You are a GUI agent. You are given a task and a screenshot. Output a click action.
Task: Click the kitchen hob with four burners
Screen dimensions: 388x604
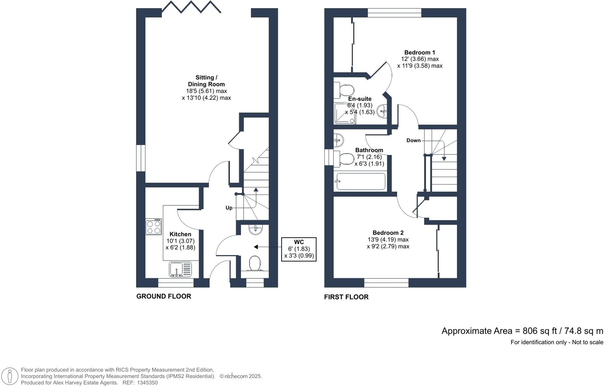[154, 227]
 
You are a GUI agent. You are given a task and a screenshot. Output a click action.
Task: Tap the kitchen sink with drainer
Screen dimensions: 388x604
[180, 270]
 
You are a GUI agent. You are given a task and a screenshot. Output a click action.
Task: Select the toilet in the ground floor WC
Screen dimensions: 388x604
[255, 263]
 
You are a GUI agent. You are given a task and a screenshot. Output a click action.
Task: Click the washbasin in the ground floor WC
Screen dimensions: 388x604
[256, 230]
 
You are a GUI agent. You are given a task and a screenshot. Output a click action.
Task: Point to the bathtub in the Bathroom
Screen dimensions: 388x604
[360, 182]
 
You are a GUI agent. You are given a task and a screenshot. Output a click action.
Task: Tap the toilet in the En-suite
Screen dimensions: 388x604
[344, 90]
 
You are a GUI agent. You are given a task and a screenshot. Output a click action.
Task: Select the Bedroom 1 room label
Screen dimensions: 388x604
[419, 53]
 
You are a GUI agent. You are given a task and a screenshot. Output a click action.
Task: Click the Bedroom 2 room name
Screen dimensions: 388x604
[388, 233]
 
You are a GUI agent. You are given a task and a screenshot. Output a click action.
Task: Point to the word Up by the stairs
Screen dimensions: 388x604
[229, 208]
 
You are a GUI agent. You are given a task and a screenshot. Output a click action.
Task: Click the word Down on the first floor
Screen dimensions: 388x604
[413, 141]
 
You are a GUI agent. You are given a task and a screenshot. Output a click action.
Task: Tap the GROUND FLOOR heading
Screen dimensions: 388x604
[164, 296]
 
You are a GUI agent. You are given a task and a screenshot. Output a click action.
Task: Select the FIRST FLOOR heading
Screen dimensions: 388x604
[346, 297]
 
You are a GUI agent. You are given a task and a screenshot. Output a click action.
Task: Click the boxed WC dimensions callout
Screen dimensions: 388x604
[299, 249]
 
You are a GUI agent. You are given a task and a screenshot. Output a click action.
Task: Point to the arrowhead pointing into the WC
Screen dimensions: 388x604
[256, 247]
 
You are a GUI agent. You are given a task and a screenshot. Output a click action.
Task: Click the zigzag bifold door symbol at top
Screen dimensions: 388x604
[191, 7]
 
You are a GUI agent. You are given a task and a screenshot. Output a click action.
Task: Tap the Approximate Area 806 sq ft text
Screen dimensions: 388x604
[522, 331]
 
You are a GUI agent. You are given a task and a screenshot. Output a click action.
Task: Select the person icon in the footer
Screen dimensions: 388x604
[10, 376]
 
